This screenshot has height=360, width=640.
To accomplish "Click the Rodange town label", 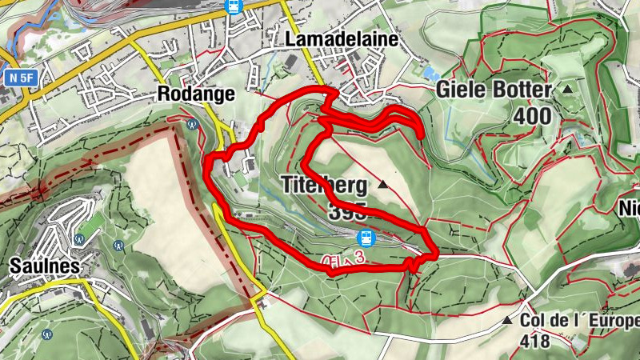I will pyautogui.click(x=197, y=94).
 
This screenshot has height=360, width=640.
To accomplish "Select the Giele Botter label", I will pyautogui.click(x=494, y=90).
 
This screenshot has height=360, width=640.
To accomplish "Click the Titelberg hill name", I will pyautogui.click(x=325, y=186).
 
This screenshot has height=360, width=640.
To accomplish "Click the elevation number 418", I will pyautogui.click(x=534, y=342).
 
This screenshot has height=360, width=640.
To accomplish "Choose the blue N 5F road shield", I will pyautogui.click(x=24, y=78).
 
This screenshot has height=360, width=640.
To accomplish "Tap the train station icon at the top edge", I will pyautogui.click(x=233, y=6).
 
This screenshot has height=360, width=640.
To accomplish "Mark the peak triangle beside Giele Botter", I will pyautogui.click(x=567, y=89).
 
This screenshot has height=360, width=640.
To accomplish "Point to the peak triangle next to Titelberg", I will pyautogui.click(x=383, y=186).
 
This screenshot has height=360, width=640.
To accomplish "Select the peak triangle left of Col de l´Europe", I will pyautogui.click(x=506, y=322).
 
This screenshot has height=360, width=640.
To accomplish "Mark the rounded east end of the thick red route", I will pyautogui.click(x=421, y=136).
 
